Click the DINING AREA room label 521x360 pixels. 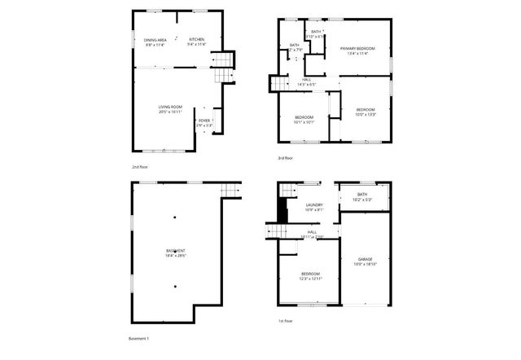[x=155, y=40]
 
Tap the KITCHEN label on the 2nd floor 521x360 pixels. [x=196, y=39]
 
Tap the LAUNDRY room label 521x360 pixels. [x=313, y=205]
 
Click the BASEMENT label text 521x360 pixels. [x=176, y=250]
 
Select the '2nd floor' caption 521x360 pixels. [x=140, y=166]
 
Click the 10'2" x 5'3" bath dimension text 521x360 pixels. [x=363, y=200]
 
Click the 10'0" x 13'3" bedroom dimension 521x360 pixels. [x=366, y=114]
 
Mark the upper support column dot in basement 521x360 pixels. [x=174, y=217]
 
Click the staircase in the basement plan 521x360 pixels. [x=232, y=191]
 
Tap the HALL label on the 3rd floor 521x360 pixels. [x=304, y=79]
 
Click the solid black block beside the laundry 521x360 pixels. [x=283, y=209]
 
